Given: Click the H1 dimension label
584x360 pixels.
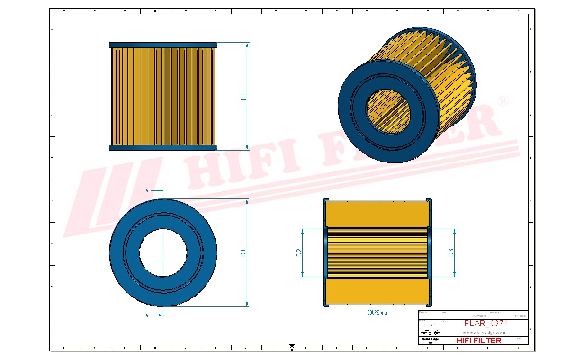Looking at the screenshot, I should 243,97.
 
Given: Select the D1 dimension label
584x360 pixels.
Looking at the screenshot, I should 243,252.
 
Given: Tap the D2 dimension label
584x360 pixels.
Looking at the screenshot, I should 299,252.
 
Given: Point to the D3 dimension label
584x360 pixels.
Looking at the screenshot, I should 451,252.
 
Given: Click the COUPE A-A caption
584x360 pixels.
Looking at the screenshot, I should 377,313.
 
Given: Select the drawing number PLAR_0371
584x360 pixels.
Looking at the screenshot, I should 485,324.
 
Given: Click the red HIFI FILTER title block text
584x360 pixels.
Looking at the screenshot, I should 478,341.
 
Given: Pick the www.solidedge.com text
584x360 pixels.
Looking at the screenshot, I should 484,333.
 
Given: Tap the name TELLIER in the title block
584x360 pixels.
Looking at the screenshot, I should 520,316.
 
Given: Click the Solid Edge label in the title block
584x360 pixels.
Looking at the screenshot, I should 430,339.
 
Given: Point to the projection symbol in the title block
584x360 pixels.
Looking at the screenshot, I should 430,332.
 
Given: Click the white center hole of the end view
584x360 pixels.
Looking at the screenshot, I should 163,252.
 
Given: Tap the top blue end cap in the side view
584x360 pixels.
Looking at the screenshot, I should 163,45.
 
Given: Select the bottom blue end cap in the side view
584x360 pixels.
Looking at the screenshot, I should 163,148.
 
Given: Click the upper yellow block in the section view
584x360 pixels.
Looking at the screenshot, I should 377,214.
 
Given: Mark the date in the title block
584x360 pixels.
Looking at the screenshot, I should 479,316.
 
